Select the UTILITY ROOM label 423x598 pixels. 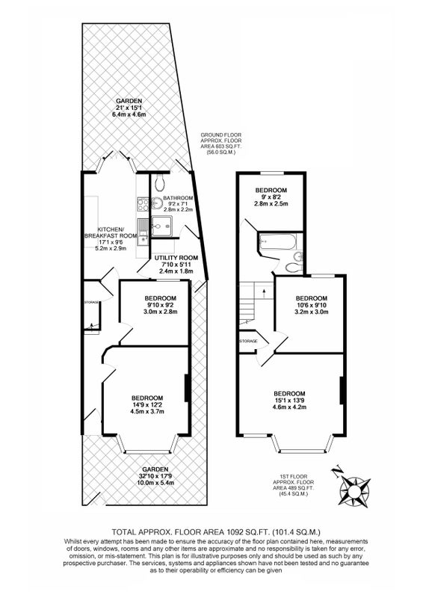click(x=176, y=258)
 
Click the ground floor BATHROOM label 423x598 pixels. click(x=178, y=198)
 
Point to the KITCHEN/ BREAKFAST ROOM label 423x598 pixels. click(x=111, y=232)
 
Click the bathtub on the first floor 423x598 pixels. click(x=277, y=241)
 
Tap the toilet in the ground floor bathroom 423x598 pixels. click(x=159, y=182)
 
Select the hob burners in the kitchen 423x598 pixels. click(x=143, y=203)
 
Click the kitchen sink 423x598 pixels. click(x=143, y=232)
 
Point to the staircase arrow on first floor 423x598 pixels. click(x=264, y=292)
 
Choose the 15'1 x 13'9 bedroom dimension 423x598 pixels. click(x=289, y=401)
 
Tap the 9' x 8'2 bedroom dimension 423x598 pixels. click(x=271, y=197)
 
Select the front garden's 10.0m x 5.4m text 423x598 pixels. click(x=155, y=482)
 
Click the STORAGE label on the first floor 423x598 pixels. click(x=248, y=341)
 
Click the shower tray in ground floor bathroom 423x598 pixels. click(x=161, y=226)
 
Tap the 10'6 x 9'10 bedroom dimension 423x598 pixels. click(x=311, y=305)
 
